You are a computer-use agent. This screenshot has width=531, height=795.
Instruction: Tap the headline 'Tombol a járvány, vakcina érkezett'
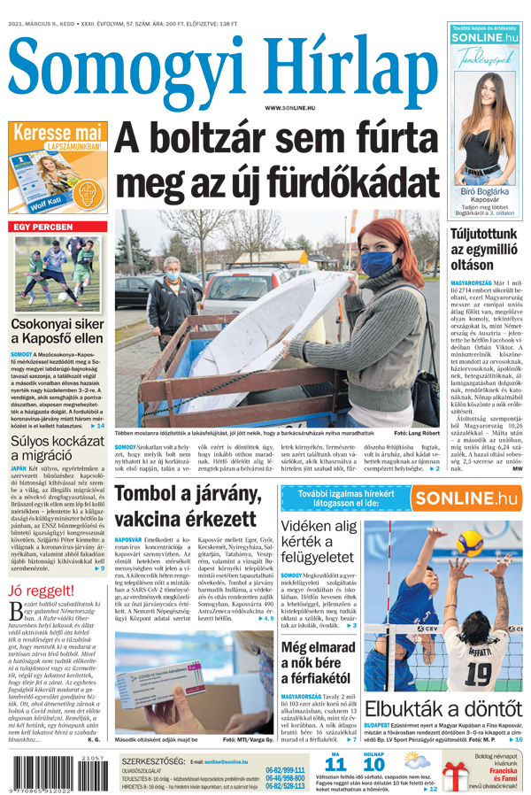[186, 505]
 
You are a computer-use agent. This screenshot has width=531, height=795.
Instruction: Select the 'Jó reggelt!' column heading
[41, 592]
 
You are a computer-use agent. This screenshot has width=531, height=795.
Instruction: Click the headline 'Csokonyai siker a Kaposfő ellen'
[56, 330]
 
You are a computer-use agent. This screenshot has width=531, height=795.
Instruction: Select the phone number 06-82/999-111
[284, 770]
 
